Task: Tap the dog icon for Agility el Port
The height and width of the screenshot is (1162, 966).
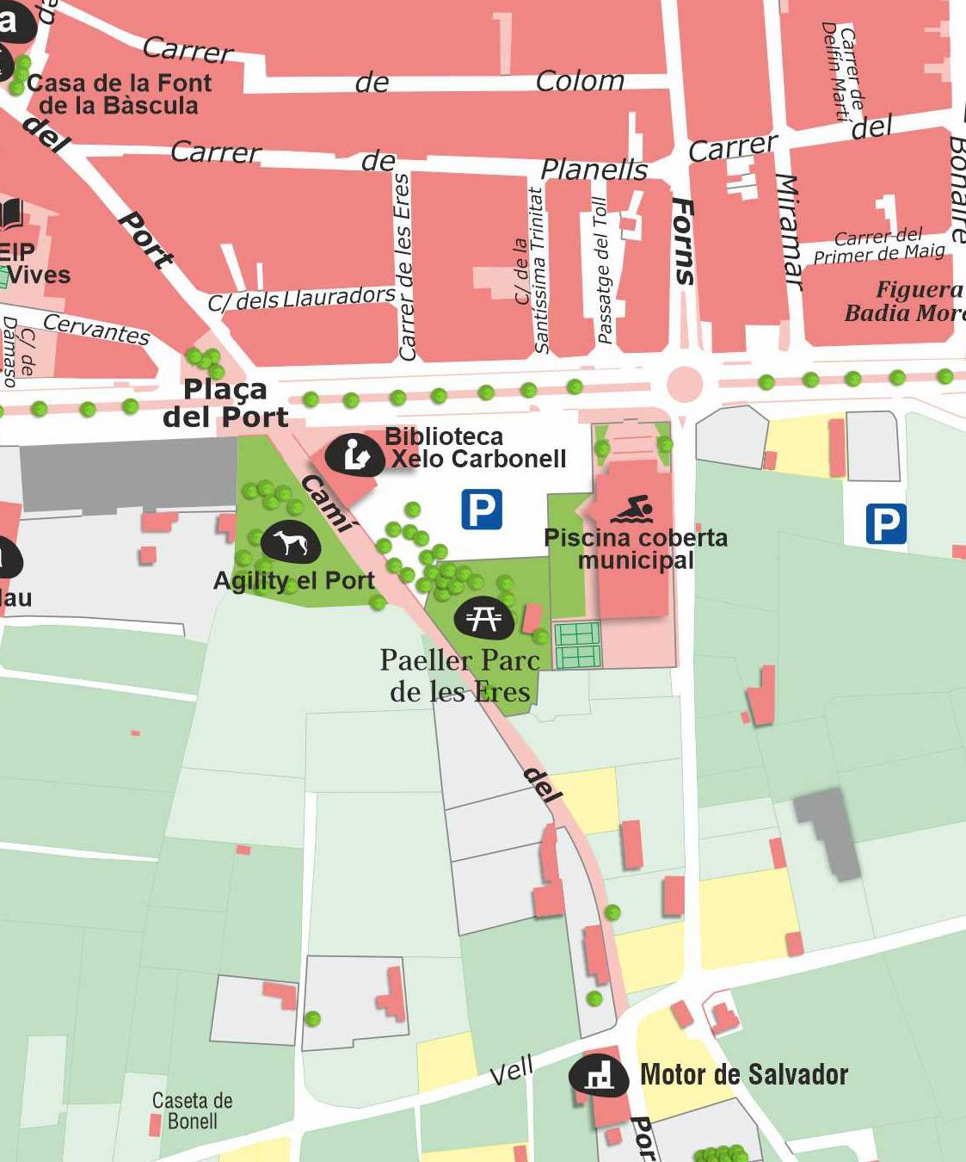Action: tap(290, 543)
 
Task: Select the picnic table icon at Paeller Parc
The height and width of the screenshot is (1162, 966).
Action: tap(483, 617)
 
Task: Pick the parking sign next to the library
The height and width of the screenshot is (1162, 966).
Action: tap(482, 510)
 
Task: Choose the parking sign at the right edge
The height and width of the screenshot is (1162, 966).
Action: tap(885, 523)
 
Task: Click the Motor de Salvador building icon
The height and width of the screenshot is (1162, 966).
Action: tap(599, 1074)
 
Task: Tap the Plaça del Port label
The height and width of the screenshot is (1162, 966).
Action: tap(225, 403)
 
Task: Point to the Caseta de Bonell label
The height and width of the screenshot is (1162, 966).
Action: tap(192, 1110)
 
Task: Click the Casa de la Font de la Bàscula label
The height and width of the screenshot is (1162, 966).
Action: tap(119, 94)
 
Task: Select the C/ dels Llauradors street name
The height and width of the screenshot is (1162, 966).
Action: tap(301, 298)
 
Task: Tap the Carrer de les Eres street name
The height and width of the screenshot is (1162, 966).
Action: tap(404, 267)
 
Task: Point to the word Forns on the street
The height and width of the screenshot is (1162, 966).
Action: tap(683, 241)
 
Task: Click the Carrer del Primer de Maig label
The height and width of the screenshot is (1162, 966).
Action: tap(879, 245)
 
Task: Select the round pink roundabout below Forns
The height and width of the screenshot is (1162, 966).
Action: tap(685, 383)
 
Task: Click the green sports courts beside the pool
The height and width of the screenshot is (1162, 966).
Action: tap(577, 646)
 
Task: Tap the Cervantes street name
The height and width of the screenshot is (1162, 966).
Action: tap(96, 328)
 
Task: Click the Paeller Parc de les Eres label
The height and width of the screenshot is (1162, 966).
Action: tap(460, 676)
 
